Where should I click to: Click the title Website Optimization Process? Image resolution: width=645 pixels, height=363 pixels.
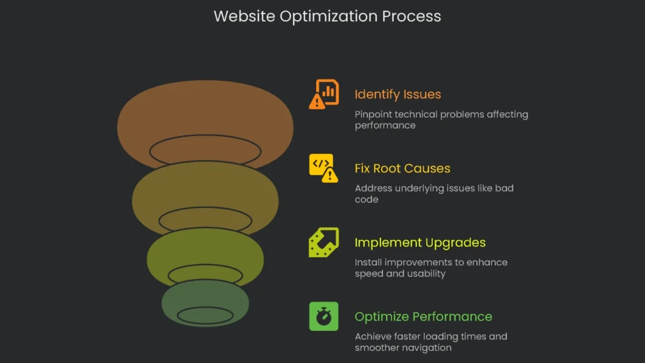327,16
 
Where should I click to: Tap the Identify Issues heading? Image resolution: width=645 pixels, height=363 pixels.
397,95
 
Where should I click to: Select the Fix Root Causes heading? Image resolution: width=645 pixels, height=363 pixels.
402,168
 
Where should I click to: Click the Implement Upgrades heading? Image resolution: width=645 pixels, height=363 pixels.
420,243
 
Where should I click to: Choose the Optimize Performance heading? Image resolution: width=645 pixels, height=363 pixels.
423,316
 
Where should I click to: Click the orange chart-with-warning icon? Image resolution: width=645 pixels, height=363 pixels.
324,94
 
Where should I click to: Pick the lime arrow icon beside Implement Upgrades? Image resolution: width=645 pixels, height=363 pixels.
324,242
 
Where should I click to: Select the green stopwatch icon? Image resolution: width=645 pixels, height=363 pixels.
324,316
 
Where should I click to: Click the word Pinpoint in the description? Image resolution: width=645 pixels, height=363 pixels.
374,115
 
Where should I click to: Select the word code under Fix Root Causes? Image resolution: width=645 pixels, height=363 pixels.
367,199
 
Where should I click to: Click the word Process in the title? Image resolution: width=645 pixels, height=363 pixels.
413,16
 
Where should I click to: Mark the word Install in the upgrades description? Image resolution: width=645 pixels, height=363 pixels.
368,262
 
